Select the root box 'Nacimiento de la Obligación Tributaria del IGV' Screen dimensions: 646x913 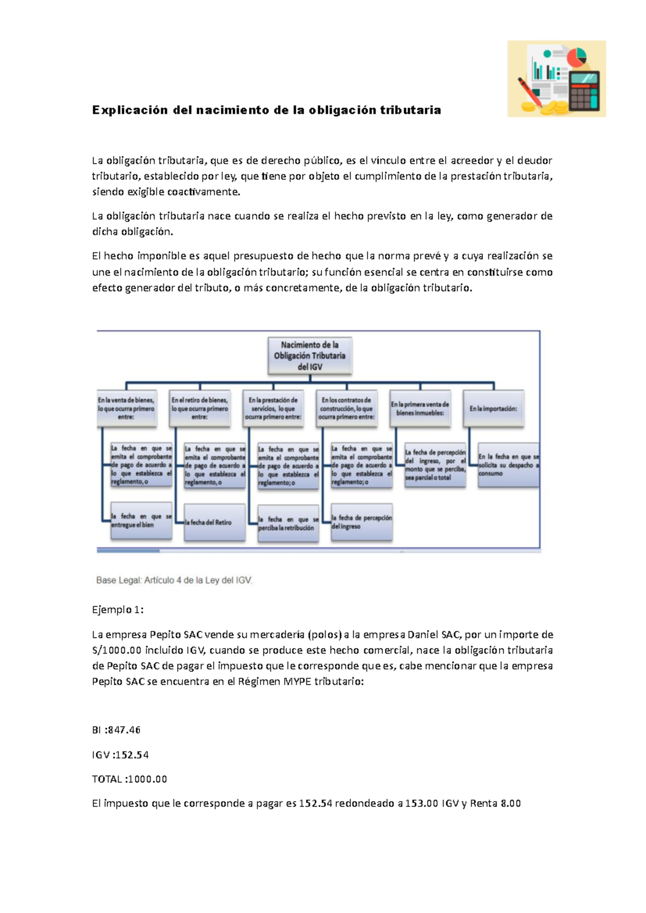tap(310, 356)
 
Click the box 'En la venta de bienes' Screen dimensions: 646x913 tap(127, 409)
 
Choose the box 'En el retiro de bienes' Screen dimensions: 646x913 tap(200, 409)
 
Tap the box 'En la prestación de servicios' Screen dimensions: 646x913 tap(273, 409)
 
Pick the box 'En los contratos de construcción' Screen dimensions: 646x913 tap(347, 409)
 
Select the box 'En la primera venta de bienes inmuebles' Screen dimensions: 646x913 tap(420, 409)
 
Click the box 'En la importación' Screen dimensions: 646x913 tap(493, 409)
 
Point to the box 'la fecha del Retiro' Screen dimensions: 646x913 tap(214, 522)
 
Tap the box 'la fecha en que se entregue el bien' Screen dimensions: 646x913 tap(141, 521)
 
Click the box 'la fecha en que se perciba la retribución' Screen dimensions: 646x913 tap(288, 523)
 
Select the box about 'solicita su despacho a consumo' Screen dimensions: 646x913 tap(508, 465)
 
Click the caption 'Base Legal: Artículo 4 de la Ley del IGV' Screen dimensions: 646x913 tap(174, 580)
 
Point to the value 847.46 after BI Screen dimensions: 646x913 tap(124, 731)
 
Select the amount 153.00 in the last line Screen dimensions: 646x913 tap(422, 804)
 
